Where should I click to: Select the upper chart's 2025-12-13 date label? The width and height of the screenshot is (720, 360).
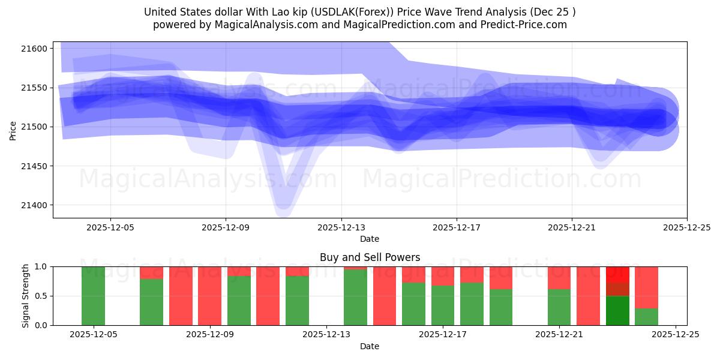coord(341,227)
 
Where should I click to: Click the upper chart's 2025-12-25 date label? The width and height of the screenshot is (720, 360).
coord(686,227)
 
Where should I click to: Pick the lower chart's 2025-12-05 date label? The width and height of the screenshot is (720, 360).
coord(93,335)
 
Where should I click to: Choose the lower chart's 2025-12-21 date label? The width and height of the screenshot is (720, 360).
coord(559,335)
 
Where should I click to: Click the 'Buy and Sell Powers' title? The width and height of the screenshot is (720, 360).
coord(370,257)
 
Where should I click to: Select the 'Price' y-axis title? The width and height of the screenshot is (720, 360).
coord(13,130)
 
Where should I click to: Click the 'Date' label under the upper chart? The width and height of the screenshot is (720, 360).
coord(370,239)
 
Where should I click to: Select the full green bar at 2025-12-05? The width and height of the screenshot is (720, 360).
coord(93,296)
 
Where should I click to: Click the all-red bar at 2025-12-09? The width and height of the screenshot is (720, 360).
coord(210,296)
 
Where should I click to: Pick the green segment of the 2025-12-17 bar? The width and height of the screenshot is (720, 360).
coord(443,305)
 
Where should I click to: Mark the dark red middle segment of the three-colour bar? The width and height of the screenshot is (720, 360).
coord(617,289)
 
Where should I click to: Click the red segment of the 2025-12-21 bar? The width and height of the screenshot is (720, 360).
coord(559,277)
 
